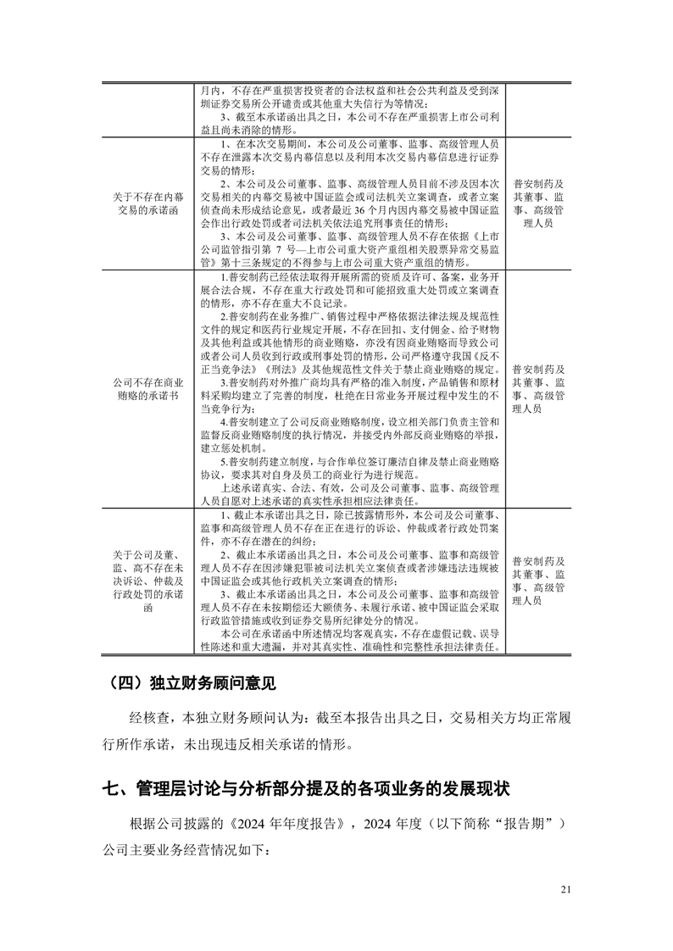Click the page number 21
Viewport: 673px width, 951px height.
(x=567, y=888)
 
